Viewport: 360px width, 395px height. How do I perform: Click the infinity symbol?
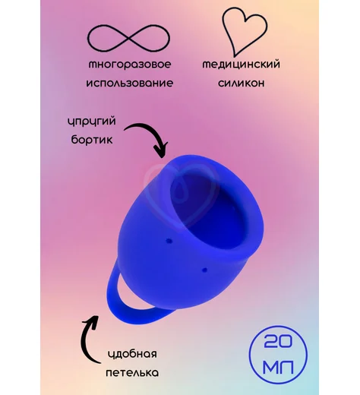click(128, 39)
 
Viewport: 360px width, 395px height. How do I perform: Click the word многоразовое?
click(130, 65)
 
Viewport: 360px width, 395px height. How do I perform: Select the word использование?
click(130, 83)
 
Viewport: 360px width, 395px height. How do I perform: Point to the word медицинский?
click(242, 65)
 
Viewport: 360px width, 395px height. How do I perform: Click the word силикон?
click(242, 83)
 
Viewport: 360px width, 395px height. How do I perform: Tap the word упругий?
click(92, 122)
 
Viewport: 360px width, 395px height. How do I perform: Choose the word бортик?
click(92, 140)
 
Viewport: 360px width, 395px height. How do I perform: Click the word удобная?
click(132, 354)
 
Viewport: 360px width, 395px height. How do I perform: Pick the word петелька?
click(132, 373)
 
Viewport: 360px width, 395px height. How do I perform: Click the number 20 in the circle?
click(278, 342)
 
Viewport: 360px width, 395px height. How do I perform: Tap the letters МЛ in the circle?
click(278, 367)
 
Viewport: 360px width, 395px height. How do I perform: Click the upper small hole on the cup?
click(169, 242)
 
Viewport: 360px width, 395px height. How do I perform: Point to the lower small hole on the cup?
click(205, 270)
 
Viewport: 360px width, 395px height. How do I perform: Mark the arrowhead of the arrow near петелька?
click(92, 320)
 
